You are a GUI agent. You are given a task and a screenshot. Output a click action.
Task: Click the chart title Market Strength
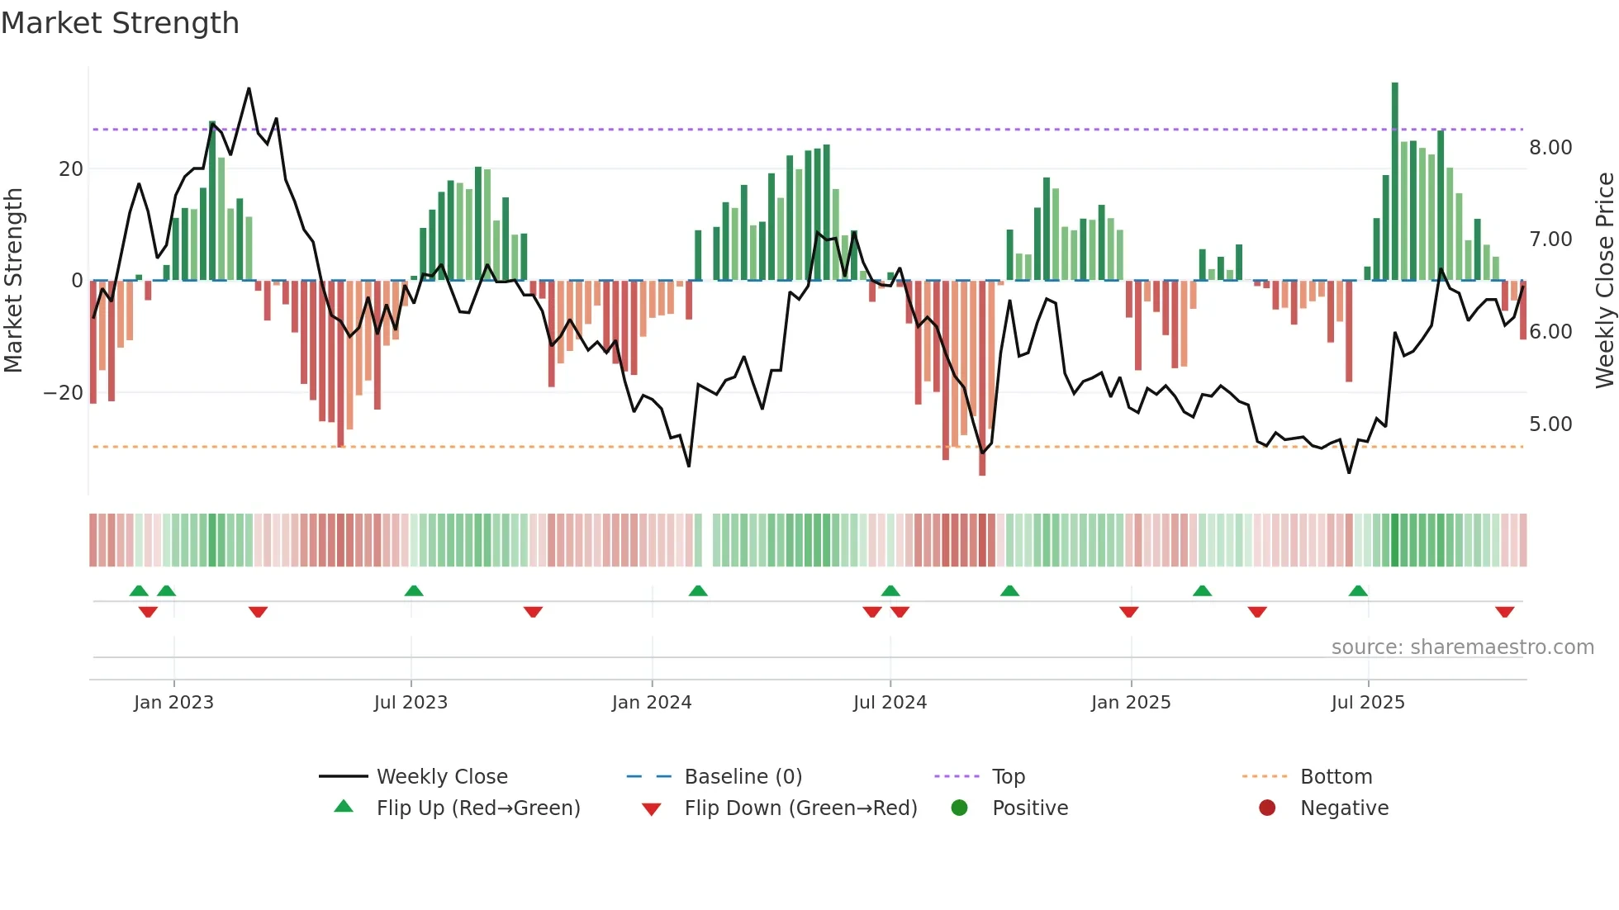(120, 22)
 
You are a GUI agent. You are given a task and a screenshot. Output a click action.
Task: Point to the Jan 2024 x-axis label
(651, 702)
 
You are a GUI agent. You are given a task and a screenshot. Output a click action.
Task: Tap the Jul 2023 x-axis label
(411, 702)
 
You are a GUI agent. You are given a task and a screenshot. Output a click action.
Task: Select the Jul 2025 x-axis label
(1367, 702)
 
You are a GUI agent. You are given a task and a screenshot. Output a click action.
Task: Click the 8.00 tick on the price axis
(1550, 147)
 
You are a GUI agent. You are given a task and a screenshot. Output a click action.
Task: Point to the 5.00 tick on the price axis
(1550, 424)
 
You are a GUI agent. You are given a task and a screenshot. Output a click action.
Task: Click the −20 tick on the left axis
(64, 393)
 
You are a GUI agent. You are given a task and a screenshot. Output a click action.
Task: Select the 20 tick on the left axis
(71, 168)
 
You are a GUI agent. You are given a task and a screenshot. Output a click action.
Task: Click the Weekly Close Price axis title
(1604, 281)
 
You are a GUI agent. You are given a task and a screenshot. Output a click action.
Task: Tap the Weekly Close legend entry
(441, 776)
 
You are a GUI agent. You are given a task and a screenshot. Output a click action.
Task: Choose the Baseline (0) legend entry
(743, 776)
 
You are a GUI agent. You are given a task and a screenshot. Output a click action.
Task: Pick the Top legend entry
(1008, 776)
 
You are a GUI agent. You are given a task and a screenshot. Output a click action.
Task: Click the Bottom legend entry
(1335, 776)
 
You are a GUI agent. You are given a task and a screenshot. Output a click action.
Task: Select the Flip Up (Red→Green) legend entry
(477, 808)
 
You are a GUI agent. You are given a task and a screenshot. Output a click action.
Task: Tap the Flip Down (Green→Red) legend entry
(800, 808)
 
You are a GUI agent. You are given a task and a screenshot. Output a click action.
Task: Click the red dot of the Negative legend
(1267, 808)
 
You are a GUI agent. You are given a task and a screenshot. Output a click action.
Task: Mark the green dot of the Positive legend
(959, 808)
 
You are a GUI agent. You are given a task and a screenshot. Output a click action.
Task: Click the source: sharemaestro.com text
(1462, 647)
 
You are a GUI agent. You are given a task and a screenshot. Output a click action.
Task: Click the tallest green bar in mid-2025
(1395, 182)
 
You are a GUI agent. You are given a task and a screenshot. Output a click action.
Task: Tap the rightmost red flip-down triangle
(1504, 612)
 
